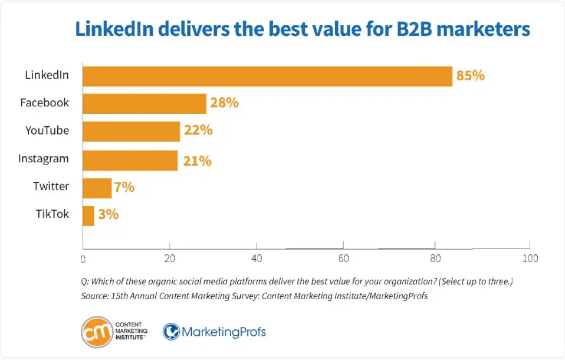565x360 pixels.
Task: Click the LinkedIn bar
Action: tap(267, 76)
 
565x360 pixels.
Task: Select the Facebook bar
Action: tap(144, 103)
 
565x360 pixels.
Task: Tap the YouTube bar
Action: tap(131, 132)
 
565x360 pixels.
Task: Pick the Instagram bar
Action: tap(130, 160)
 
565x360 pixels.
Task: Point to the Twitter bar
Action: tap(97, 188)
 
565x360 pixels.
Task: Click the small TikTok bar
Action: tap(88, 215)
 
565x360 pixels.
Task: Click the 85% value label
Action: tap(470, 76)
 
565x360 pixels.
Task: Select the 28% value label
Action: tap(224, 103)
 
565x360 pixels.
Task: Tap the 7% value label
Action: tap(125, 188)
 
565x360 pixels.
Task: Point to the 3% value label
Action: tap(109, 214)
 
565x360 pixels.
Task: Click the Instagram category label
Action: tap(44, 159)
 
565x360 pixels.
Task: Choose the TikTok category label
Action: tap(52, 214)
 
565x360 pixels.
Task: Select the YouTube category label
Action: tap(47, 130)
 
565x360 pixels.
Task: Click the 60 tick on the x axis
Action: tap(343, 258)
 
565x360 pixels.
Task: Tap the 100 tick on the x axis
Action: tap(530, 258)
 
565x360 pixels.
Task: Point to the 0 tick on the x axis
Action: tap(83, 259)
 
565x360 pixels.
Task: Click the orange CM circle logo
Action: tap(97, 332)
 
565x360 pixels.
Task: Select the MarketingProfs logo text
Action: tap(224, 332)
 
